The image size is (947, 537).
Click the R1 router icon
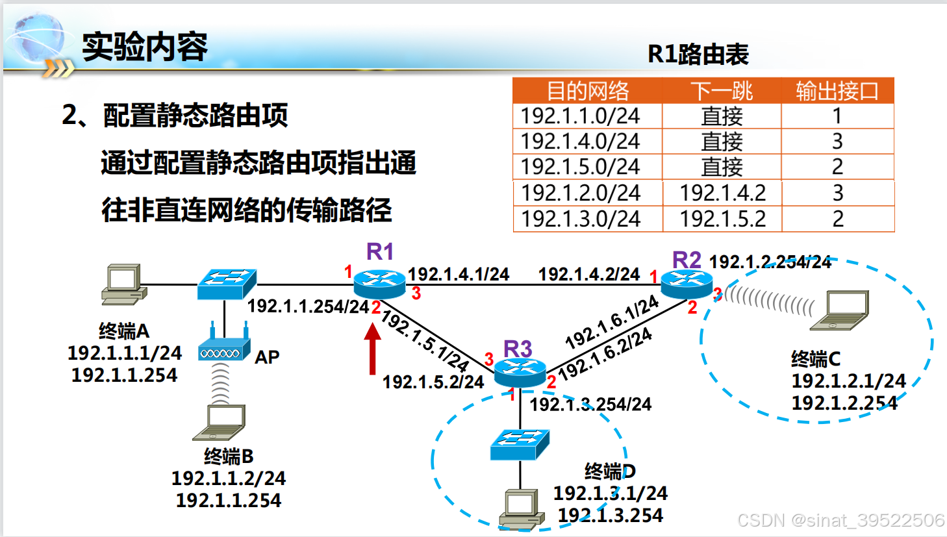(379, 283)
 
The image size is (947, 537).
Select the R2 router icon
(686, 283)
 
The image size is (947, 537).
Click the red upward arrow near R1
(372, 349)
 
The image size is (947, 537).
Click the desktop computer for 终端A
(123, 284)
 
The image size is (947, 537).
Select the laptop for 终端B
(220, 422)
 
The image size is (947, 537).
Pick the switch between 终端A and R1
(227, 284)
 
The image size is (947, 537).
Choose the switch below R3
(520, 444)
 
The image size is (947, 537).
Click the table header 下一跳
(721, 91)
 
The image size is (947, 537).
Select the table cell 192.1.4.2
(722, 193)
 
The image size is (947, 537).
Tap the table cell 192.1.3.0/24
(581, 219)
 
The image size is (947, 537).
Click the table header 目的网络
(587, 91)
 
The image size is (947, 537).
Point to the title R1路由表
(698, 55)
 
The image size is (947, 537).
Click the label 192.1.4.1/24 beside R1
(458, 274)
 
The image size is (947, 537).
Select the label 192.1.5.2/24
(433, 382)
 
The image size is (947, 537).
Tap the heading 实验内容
(145, 47)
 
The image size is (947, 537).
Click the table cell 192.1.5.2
(722, 219)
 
